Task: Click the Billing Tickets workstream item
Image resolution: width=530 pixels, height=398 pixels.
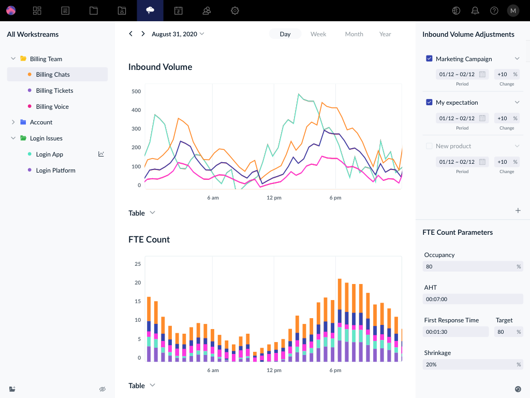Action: click(x=54, y=91)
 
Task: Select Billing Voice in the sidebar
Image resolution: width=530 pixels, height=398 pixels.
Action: click(x=52, y=107)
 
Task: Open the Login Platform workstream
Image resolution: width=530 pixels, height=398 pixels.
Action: click(x=55, y=170)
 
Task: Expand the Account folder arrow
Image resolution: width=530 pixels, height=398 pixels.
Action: click(x=13, y=122)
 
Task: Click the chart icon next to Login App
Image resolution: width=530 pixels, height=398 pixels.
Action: click(x=101, y=154)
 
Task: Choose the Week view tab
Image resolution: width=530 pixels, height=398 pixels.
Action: click(x=318, y=34)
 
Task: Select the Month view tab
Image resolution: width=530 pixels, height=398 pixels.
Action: click(x=354, y=34)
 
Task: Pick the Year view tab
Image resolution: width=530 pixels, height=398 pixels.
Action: click(x=385, y=34)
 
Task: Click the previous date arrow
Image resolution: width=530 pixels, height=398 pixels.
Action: click(x=130, y=34)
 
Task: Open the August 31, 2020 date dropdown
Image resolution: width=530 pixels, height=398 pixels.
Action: click(x=178, y=34)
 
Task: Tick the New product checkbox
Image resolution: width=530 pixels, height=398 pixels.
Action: click(x=429, y=146)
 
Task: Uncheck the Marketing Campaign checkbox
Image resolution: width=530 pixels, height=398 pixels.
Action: click(x=429, y=59)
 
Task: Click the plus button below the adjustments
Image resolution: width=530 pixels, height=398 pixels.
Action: click(x=518, y=210)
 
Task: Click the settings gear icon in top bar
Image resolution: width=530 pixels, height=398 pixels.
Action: click(x=235, y=10)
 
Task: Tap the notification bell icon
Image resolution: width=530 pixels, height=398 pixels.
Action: click(x=475, y=10)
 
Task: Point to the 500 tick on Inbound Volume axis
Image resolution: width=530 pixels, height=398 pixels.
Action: click(x=136, y=91)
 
